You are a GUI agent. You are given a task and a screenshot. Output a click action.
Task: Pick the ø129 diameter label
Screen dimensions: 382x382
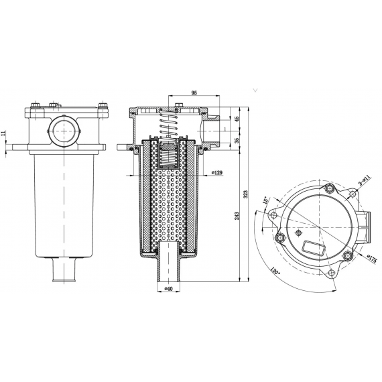217,172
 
